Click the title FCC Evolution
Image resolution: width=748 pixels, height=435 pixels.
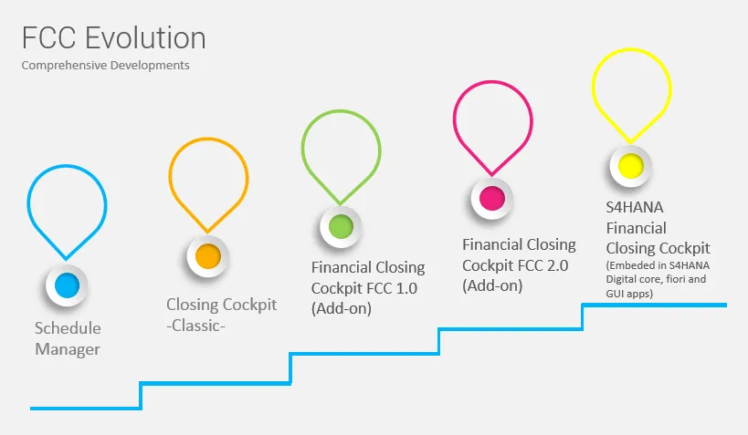pyautogui.click(x=114, y=37)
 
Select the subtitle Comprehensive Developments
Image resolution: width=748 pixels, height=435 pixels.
pyautogui.click(x=105, y=66)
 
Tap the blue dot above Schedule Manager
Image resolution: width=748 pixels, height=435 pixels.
pyautogui.click(x=67, y=285)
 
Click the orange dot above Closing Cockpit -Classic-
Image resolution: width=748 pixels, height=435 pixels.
pyautogui.click(x=208, y=256)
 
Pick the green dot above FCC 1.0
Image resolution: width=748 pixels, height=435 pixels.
pyautogui.click(x=341, y=227)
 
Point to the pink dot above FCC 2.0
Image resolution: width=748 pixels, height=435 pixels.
pyautogui.click(x=492, y=198)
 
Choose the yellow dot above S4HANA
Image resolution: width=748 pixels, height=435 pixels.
pyautogui.click(x=631, y=166)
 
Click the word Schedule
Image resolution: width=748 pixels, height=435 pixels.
pyautogui.click(x=68, y=328)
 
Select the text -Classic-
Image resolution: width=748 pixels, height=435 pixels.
pyautogui.click(x=195, y=326)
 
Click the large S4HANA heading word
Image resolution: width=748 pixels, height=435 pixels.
pyautogui.click(x=635, y=207)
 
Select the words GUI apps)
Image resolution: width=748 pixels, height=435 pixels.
pyautogui.click(x=629, y=294)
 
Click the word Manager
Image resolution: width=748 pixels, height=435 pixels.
pyautogui.click(x=68, y=349)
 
